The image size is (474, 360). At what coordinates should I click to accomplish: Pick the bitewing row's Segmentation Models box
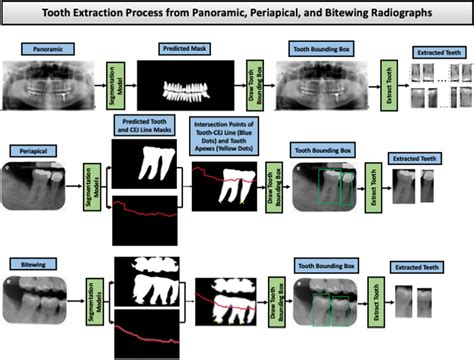tap(91, 300)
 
